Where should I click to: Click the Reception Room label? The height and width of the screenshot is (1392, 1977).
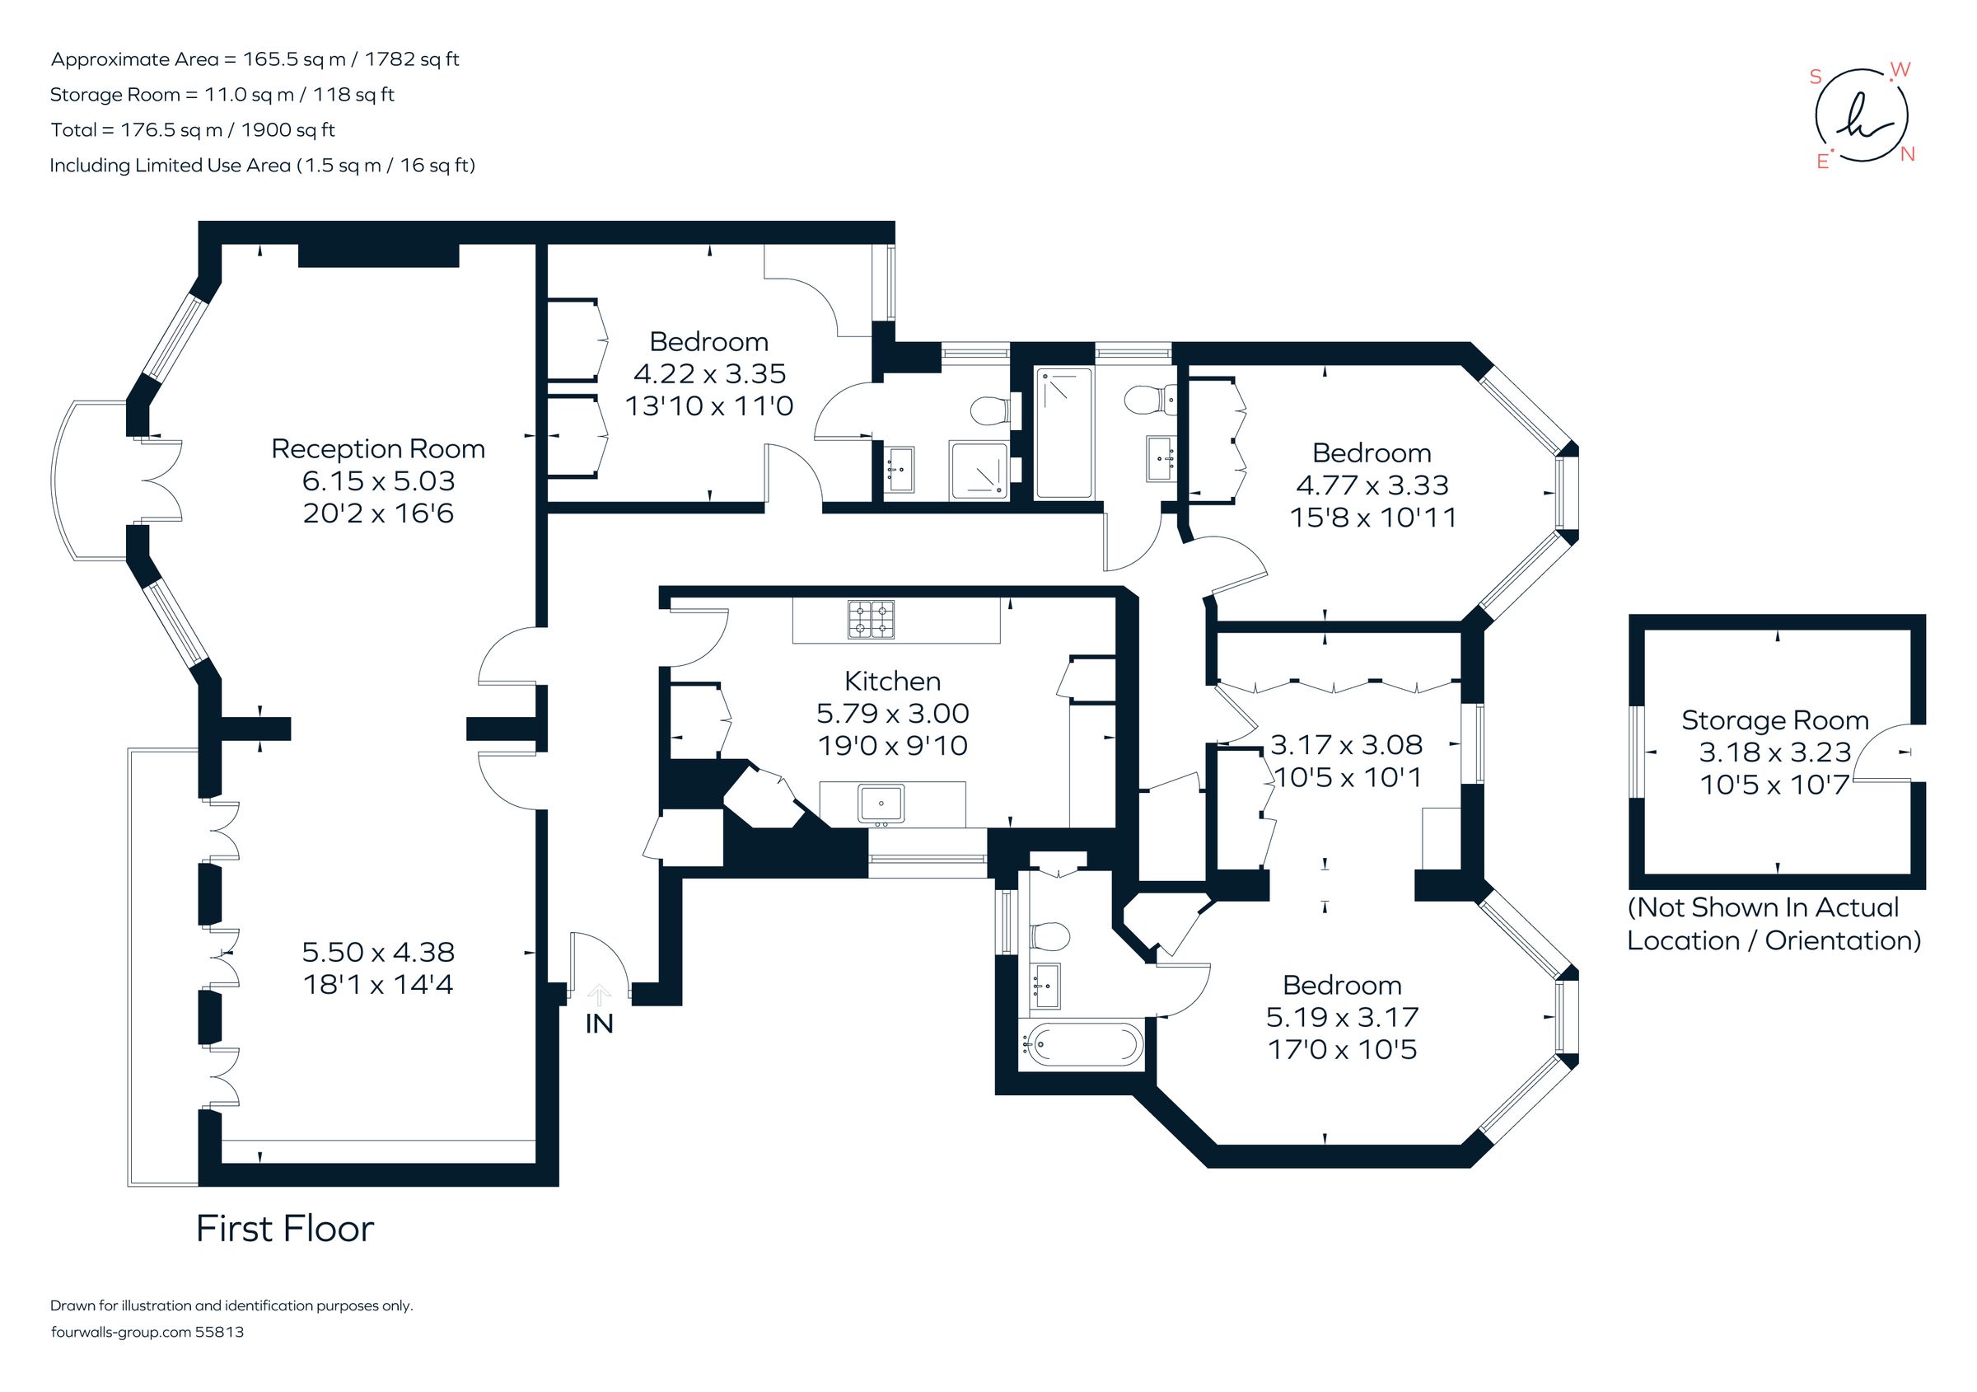pos(378,449)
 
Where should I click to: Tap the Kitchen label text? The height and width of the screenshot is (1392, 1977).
pos(892,682)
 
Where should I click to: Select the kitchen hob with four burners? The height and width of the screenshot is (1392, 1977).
pos(872,619)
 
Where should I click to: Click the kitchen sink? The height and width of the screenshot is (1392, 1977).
pos(881,803)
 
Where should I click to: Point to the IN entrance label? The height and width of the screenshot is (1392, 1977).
pos(600,1024)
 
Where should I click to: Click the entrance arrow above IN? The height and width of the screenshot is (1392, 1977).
pos(600,995)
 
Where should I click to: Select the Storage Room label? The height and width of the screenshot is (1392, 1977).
pos(1774,720)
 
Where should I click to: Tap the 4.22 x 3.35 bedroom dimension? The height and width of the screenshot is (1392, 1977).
pos(709,374)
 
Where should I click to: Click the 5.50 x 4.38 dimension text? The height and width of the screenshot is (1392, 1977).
pos(378,952)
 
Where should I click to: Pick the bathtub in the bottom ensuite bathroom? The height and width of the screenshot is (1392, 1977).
pos(1082,1045)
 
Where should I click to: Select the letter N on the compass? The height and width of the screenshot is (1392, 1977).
pos(1907,155)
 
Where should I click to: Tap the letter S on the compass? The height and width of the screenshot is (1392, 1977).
pos(1816,77)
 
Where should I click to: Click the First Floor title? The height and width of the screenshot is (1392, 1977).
pos(285,1229)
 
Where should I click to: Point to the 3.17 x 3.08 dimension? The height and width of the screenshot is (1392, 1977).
pos(1347,745)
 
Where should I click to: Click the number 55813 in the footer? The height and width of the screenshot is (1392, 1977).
pos(220,1332)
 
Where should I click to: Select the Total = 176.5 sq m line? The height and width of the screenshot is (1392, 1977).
pos(193,130)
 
